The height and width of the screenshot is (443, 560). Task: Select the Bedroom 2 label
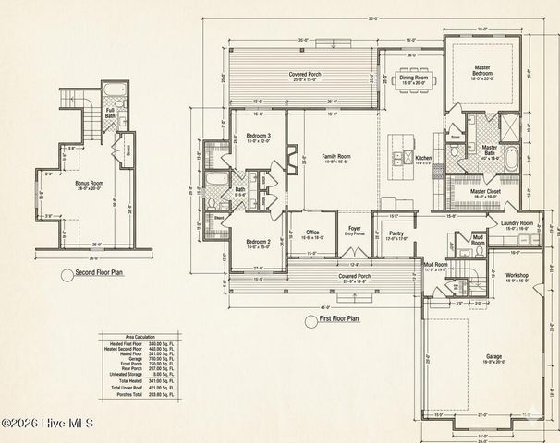256,242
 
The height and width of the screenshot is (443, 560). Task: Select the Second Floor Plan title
100,274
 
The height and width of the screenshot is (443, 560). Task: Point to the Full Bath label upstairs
111,113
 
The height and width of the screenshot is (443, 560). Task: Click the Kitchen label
423,159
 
